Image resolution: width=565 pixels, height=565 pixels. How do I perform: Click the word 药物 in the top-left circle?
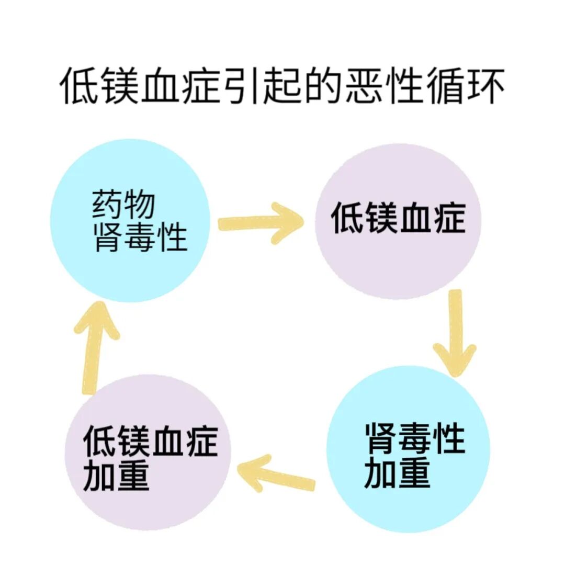[x=124, y=205]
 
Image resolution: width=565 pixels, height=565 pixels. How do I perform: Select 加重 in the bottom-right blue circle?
[x=397, y=473]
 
